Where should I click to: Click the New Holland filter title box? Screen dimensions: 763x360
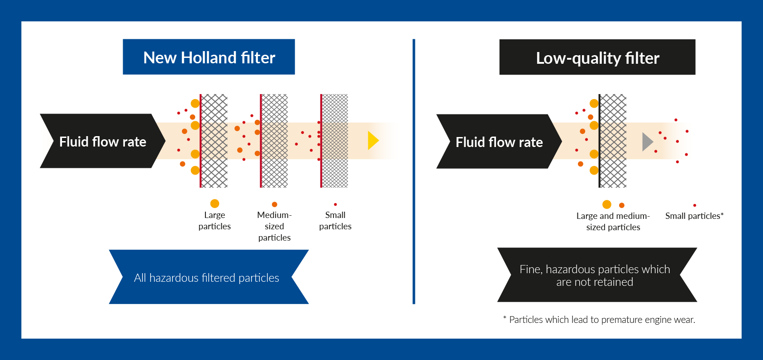pyautogui.click(x=209, y=57)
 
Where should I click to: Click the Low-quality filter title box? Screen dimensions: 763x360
pyautogui.click(x=597, y=57)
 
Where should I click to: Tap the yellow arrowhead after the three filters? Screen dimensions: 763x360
pyautogui.click(x=373, y=141)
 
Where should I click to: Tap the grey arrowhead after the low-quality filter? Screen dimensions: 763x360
pyautogui.click(x=648, y=142)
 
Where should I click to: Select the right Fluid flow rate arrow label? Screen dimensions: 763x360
pyautogui.click(x=499, y=142)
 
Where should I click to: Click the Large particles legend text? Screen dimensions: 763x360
pyautogui.click(x=215, y=221)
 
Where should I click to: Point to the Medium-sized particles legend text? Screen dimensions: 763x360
pyautogui.click(x=274, y=226)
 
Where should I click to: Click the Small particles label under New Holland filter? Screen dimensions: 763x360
pyautogui.click(x=335, y=221)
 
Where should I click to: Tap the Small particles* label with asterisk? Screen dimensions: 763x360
pyautogui.click(x=694, y=216)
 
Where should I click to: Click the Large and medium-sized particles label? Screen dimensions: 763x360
pyautogui.click(x=613, y=222)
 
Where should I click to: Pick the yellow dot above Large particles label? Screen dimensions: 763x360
pyautogui.click(x=215, y=204)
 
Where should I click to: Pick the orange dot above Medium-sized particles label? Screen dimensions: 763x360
pyautogui.click(x=275, y=204)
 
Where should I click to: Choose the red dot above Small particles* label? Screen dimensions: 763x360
pyautogui.click(x=695, y=205)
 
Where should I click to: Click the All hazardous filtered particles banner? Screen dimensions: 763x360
pyautogui.click(x=209, y=277)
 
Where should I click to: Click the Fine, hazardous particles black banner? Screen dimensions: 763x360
pyautogui.click(x=597, y=275)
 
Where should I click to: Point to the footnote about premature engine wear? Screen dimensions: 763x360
pyautogui.click(x=599, y=319)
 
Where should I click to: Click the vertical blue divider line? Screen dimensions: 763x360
pyautogui.click(x=414, y=171)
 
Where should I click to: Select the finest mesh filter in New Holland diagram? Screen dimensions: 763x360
pyautogui.click(x=334, y=141)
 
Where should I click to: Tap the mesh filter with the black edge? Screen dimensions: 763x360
pyautogui.click(x=612, y=141)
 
